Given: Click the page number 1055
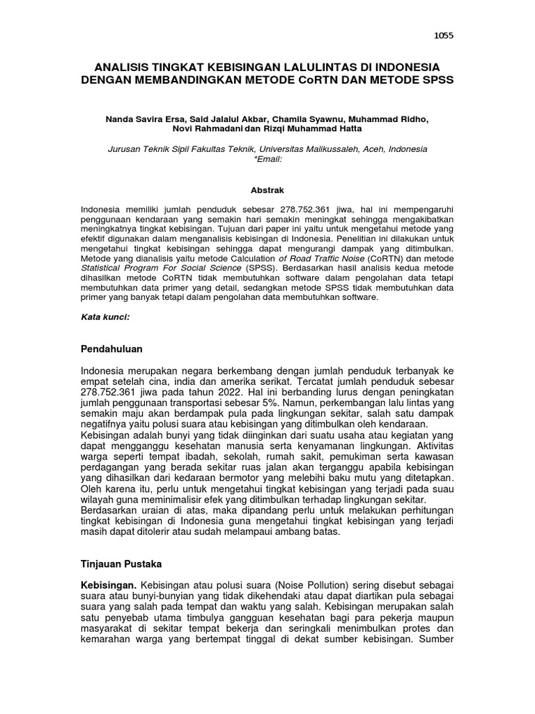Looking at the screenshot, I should tap(443, 36).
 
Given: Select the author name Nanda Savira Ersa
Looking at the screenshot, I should tap(141, 119).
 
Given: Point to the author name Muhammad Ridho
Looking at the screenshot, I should tap(396, 119).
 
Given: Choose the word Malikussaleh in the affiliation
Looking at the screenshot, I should tap(331, 149).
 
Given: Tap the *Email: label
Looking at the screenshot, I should tap(267, 159).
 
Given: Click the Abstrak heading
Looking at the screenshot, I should tap(267, 190).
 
